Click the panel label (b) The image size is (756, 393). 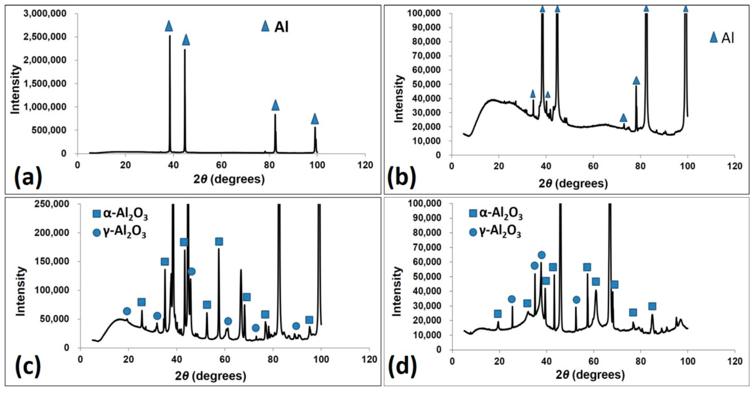(x=404, y=178)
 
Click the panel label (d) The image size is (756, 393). (x=404, y=374)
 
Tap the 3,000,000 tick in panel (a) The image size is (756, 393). (x=47, y=14)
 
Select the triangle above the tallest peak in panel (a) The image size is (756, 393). (x=169, y=26)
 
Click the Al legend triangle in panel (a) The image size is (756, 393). (x=265, y=27)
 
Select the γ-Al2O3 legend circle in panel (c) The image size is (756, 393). (x=97, y=234)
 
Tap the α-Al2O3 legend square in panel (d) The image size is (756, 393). (x=473, y=214)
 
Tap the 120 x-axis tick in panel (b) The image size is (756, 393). (x=734, y=165)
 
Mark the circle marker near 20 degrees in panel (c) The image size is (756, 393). (x=127, y=311)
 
